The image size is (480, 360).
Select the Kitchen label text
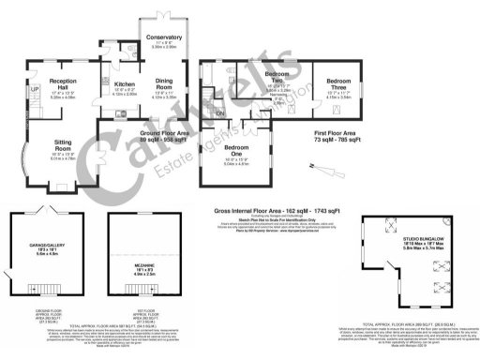[125, 85]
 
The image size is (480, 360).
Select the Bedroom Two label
[276, 73]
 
